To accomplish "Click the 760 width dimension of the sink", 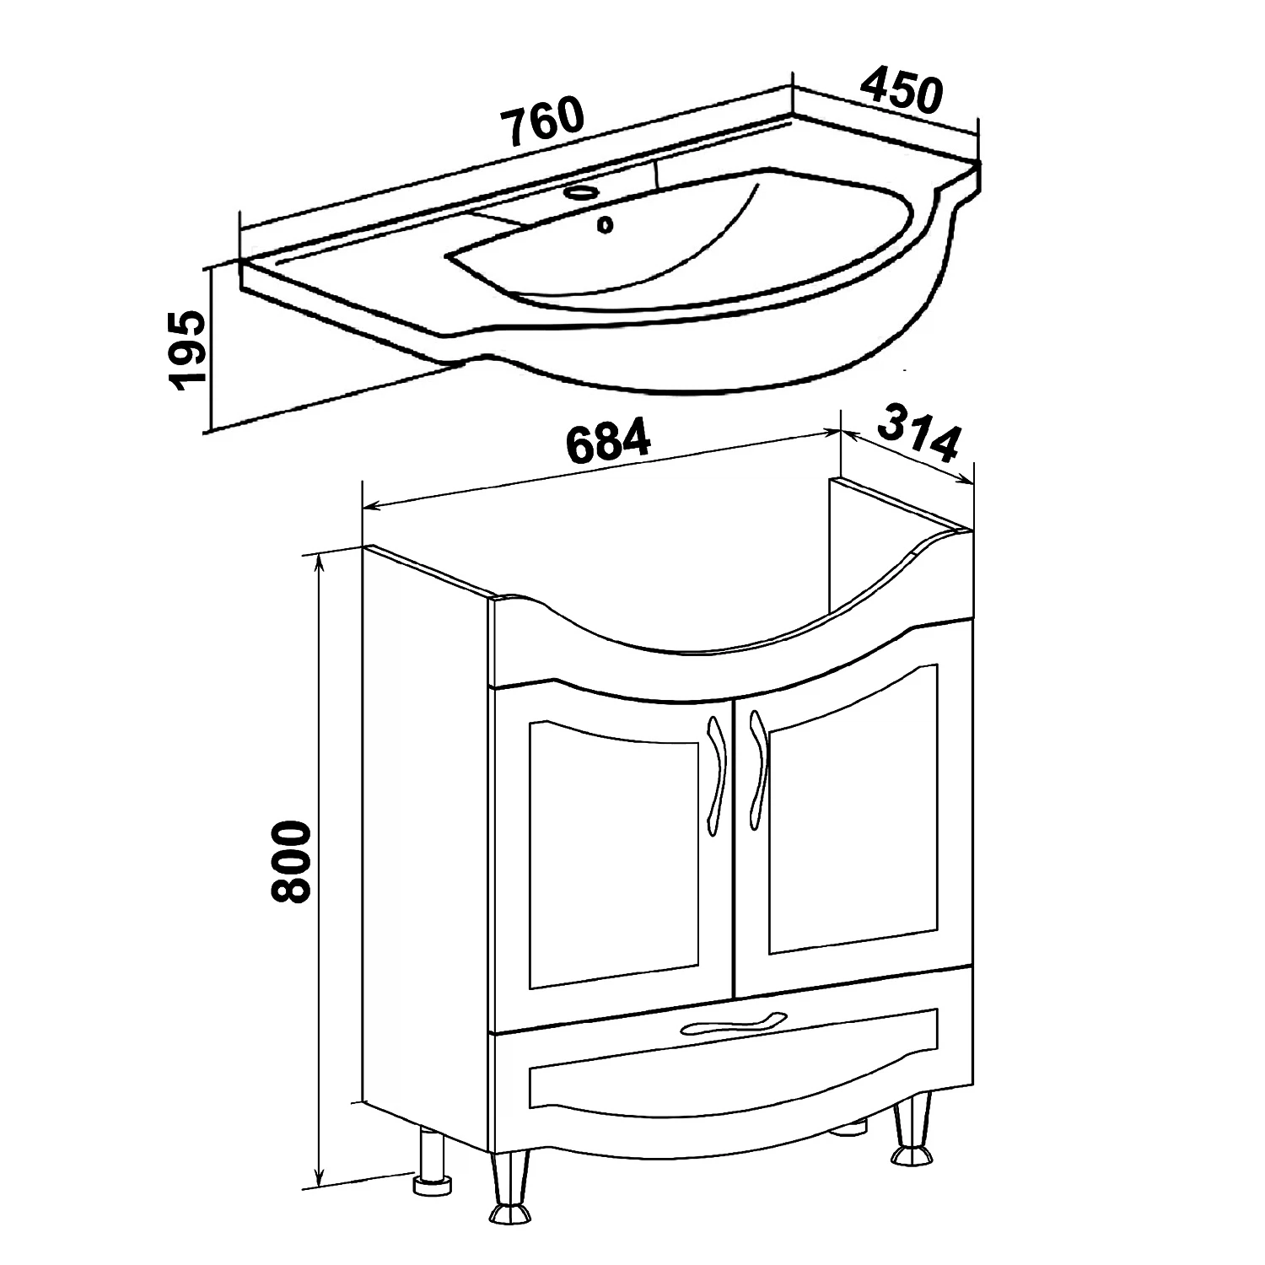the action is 541,120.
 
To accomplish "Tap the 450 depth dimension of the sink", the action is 901,92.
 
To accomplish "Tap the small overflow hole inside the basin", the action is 605,224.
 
